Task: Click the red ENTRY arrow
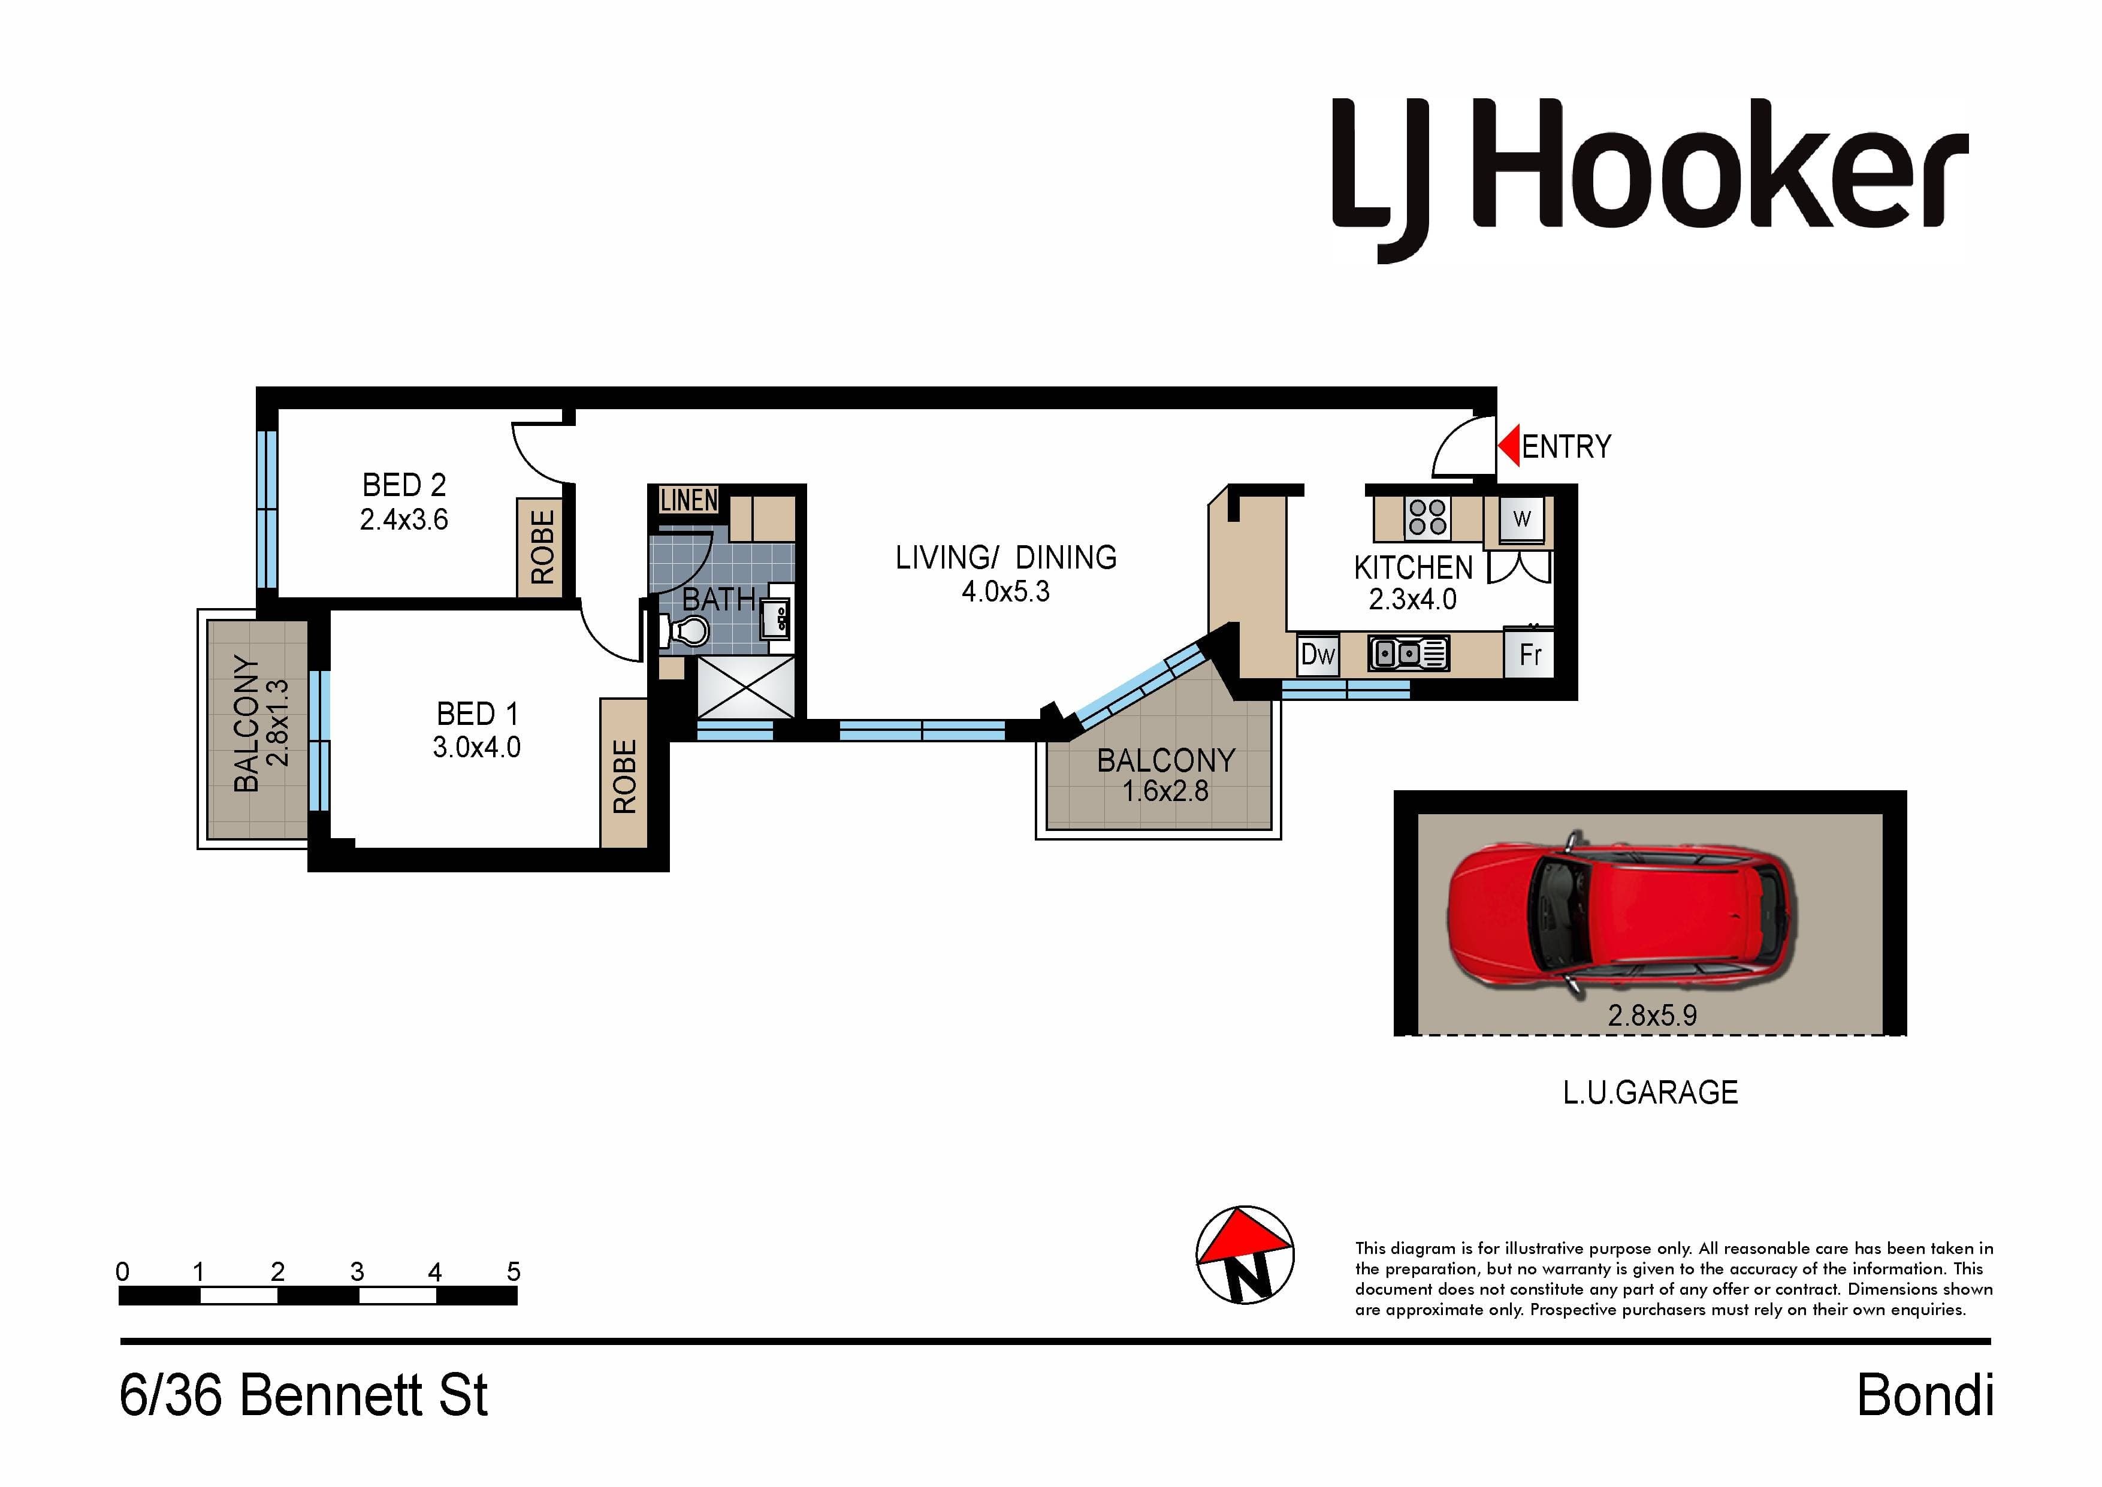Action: pyautogui.click(x=1509, y=446)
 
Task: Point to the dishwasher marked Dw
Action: pyautogui.click(x=1318, y=655)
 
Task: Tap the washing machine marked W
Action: pyautogui.click(x=1521, y=520)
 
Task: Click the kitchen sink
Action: pyautogui.click(x=1409, y=654)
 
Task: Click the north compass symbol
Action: pyautogui.click(x=1245, y=1255)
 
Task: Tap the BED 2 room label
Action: pyautogui.click(x=404, y=484)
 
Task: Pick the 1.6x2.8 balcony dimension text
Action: pyautogui.click(x=1165, y=791)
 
